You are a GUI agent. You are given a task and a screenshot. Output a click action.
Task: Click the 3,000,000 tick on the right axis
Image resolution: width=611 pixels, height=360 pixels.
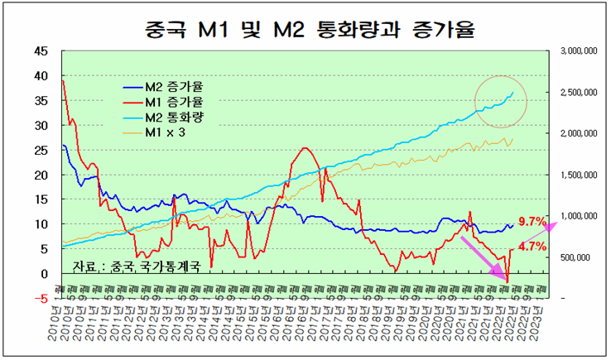[580, 51]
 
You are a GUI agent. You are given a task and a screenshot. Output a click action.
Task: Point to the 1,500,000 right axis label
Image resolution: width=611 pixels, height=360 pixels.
[580, 175]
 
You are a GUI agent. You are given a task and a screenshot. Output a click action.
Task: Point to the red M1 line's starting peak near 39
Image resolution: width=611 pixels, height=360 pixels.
[63, 81]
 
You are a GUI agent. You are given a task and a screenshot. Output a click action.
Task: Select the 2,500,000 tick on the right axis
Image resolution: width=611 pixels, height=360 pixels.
[580, 93]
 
